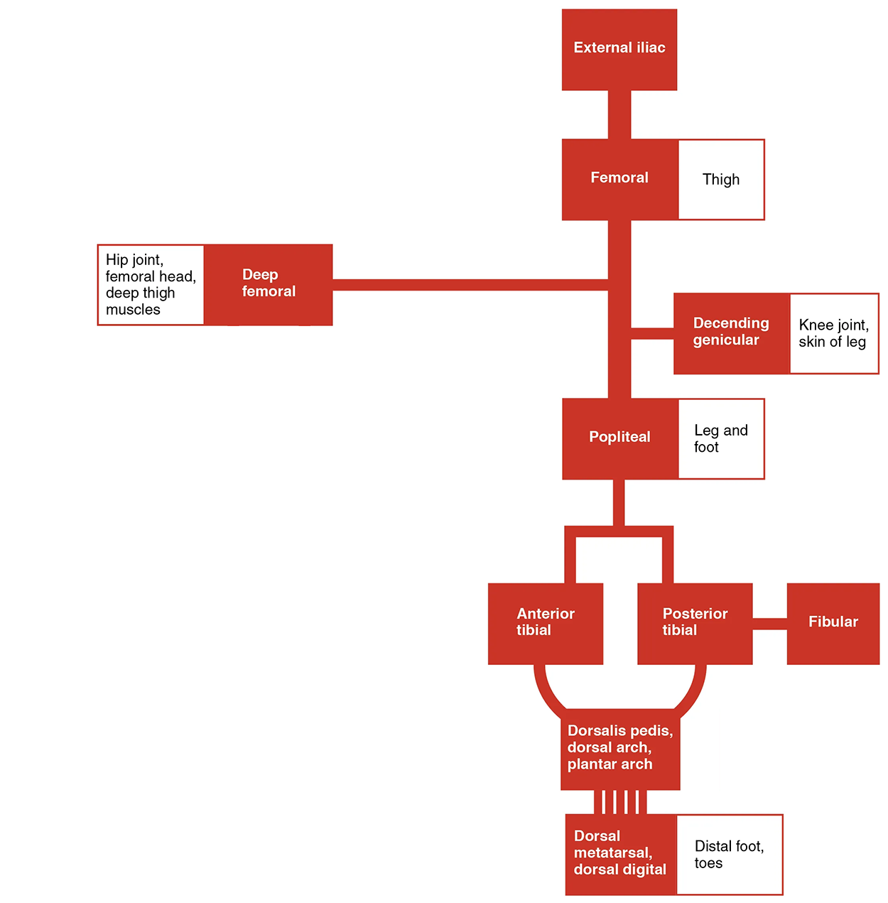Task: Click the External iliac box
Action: pyautogui.click(x=619, y=49)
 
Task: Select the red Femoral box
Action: pyautogui.click(x=619, y=179)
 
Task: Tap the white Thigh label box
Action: pyautogui.click(x=721, y=180)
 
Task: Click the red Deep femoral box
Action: pyautogui.click(x=269, y=284)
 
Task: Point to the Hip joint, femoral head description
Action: pyautogui.click(x=151, y=285)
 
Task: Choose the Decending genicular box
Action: pyautogui.click(x=731, y=333)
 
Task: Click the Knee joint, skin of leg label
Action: pyautogui.click(x=834, y=333)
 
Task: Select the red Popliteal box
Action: pyautogui.click(x=619, y=438)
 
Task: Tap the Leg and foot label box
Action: pyautogui.click(x=721, y=438)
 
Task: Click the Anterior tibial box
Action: pyautogui.click(x=545, y=623)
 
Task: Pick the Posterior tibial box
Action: pyautogui.click(x=695, y=623)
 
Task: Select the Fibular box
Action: pyautogui.click(x=833, y=623)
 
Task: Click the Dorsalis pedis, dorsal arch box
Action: pyautogui.click(x=619, y=748)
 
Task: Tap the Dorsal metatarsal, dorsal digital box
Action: pyautogui.click(x=620, y=854)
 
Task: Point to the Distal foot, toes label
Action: pyautogui.click(x=730, y=855)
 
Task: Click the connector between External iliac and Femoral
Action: pyautogui.click(x=619, y=114)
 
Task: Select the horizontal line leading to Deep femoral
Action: pyautogui.click(x=469, y=285)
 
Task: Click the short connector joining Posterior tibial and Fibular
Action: pyautogui.click(x=769, y=624)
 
